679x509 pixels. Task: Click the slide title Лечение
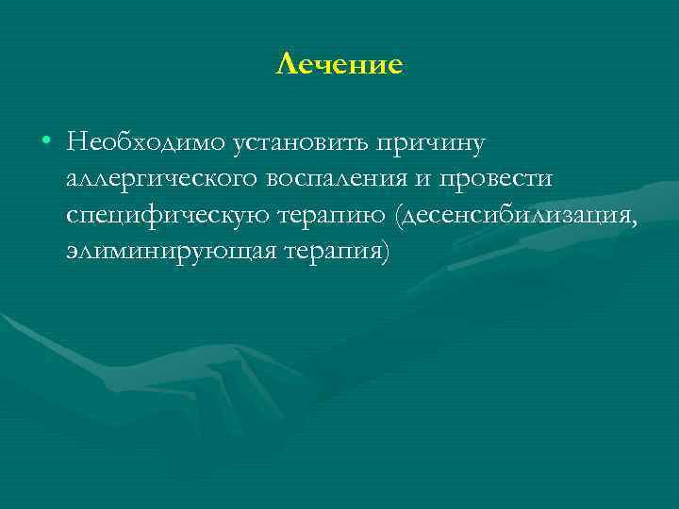tap(339, 64)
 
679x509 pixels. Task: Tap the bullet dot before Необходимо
tap(46, 141)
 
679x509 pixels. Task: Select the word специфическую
tap(168, 217)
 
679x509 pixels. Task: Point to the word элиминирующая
tap(168, 254)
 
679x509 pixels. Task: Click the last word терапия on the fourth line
tap(331, 254)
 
